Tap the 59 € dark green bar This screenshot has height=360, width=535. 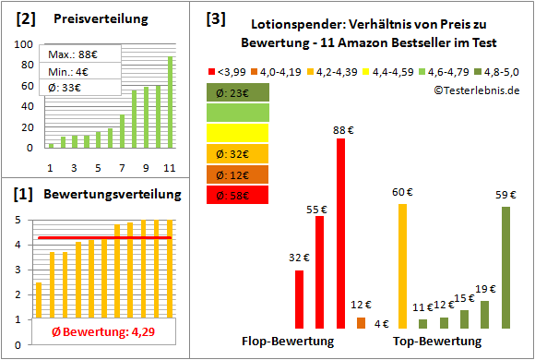[505, 268]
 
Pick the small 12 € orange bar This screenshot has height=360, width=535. [361, 322]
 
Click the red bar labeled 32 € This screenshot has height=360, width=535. [300, 299]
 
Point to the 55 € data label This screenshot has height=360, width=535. [316, 210]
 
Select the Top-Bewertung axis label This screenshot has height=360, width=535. [437, 342]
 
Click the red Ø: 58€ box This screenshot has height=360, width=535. [238, 194]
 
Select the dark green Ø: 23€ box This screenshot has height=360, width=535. [238, 92]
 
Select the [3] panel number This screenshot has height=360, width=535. [216, 18]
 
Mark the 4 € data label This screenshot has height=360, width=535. [382, 323]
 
